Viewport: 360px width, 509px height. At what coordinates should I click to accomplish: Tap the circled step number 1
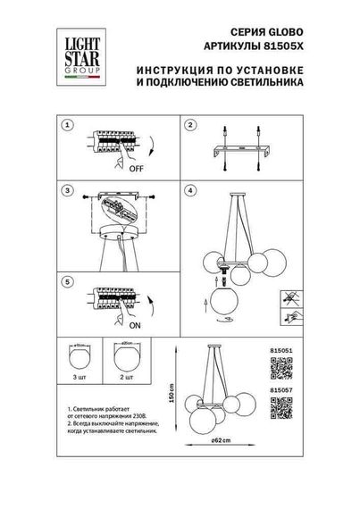click(x=66, y=125)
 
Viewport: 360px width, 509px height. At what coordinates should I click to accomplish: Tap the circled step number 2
click(x=189, y=125)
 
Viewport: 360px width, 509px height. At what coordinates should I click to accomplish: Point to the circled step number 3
click(x=66, y=191)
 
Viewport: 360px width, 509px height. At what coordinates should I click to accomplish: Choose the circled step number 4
click(x=189, y=191)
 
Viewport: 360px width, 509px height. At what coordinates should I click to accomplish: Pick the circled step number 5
click(x=66, y=282)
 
